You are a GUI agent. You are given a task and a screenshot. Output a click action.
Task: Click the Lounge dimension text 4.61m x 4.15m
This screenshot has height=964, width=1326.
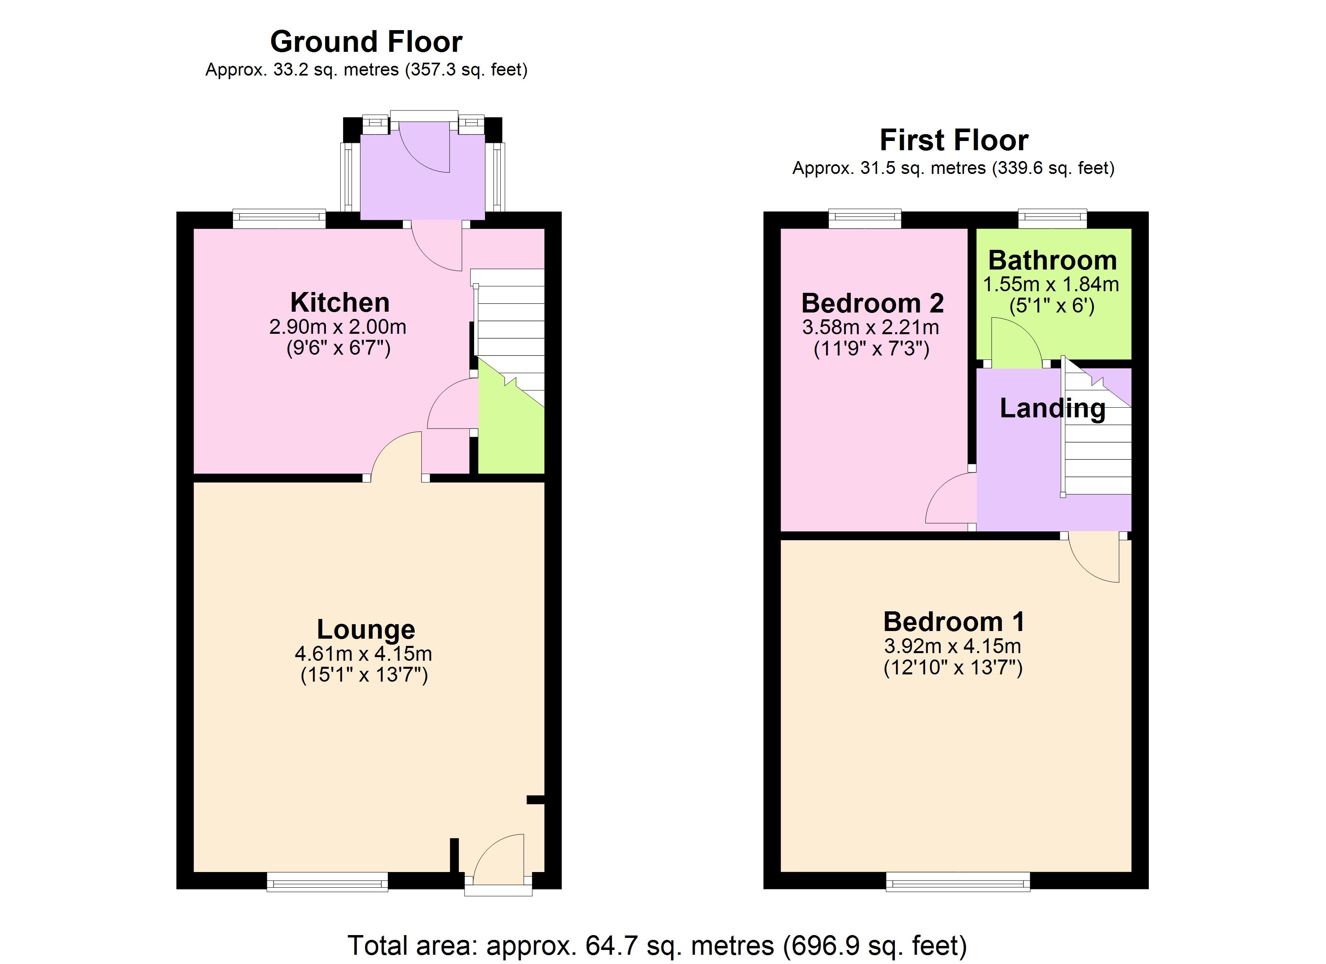tap(363, 654)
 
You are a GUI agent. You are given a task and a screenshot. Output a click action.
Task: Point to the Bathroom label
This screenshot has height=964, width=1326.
tap(1052, 260)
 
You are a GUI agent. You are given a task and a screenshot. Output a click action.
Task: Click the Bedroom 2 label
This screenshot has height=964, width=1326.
tap(872, 303)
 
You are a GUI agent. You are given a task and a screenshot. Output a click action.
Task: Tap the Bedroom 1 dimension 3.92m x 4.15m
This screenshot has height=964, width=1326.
tap(952, 646)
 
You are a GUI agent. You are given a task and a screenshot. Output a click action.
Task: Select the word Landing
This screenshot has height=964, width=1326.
tap(1052, 408)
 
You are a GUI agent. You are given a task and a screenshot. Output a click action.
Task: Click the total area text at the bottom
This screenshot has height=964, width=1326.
tap(657, 945)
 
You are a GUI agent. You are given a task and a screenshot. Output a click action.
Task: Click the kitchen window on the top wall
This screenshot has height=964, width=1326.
tap(280, 220)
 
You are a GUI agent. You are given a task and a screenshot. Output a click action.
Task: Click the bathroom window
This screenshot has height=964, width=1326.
tap(1052, 219)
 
